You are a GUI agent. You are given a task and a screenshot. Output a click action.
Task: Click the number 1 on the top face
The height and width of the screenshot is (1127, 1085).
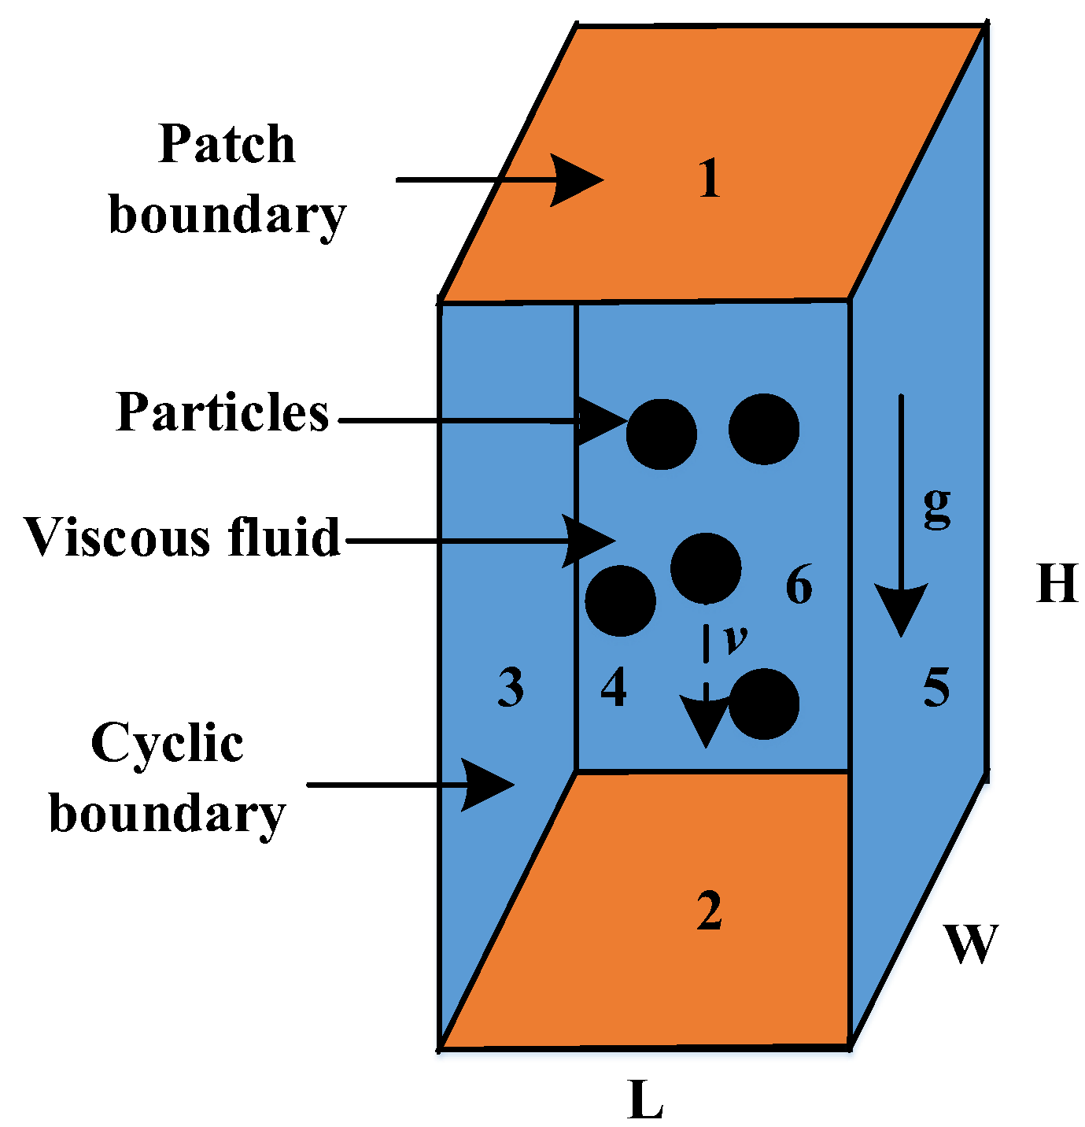pos(709,179)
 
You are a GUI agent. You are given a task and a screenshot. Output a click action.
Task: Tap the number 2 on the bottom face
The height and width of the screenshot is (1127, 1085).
pos(709,911)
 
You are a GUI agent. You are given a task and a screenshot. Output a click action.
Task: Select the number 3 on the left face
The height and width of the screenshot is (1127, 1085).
pos(511,687)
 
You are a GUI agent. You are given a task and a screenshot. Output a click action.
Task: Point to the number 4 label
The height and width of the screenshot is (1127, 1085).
pos(614,687)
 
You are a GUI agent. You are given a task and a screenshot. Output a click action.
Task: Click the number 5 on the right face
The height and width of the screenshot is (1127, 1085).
pos(936,687)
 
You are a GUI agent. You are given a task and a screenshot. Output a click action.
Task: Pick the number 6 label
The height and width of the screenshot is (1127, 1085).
pos(799,586)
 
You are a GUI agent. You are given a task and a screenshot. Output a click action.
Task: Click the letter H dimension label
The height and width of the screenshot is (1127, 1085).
pos(1057,585)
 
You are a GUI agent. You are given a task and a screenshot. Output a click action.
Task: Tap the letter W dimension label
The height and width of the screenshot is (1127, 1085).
pos(971,943)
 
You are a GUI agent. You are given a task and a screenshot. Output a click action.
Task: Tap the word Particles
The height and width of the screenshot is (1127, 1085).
pos(223,412)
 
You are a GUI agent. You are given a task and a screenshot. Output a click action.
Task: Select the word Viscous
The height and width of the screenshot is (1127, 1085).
pos(116,538)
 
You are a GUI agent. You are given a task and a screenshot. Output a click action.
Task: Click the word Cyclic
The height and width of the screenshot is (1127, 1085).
pos(167,743)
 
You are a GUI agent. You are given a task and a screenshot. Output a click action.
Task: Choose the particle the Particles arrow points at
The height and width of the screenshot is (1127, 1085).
pos(661,434)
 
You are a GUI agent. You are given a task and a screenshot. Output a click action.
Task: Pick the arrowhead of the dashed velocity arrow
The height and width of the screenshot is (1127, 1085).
pos(706,722)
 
